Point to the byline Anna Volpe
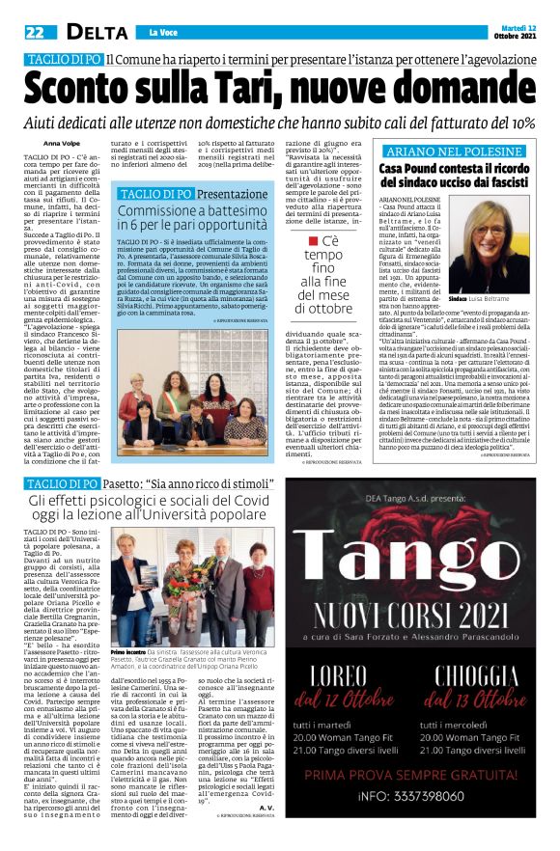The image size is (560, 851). click(62, 143)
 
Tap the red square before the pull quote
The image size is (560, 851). click(313, 240)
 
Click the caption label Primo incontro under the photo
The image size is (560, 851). click(129, 651)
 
